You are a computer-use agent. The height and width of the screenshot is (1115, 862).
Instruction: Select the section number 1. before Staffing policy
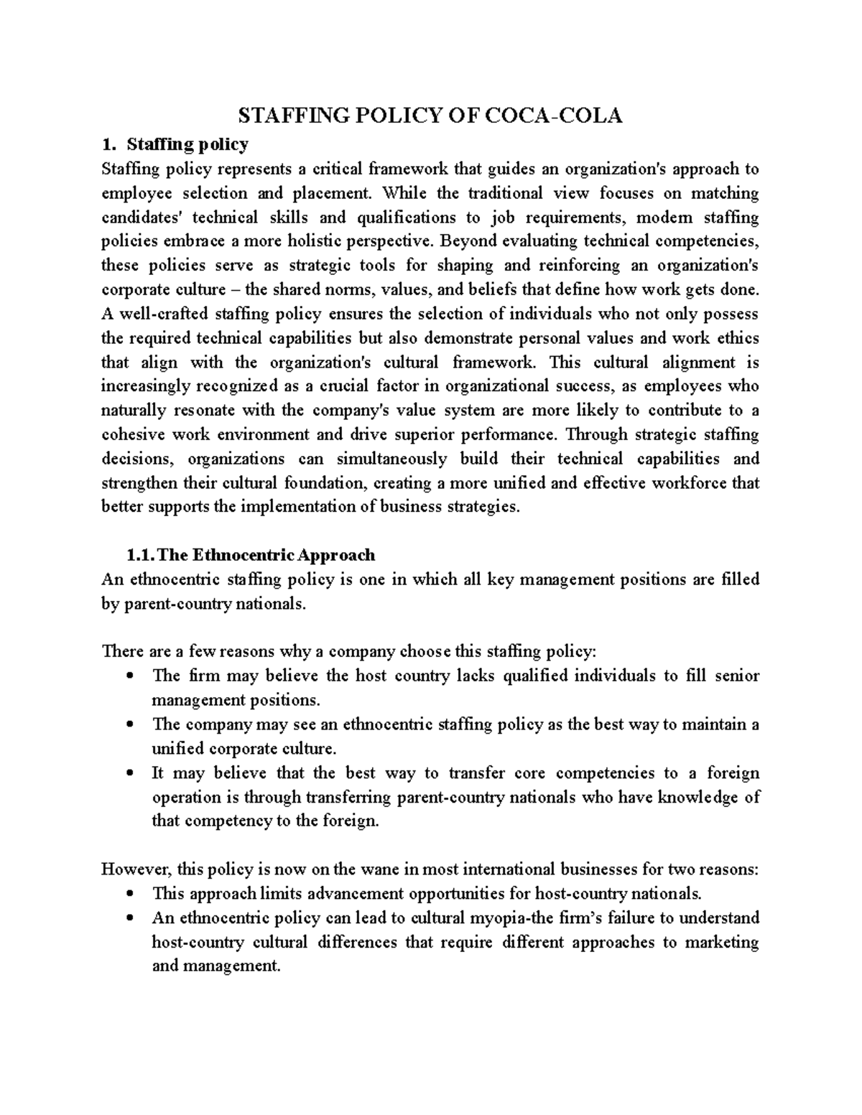[108, 145]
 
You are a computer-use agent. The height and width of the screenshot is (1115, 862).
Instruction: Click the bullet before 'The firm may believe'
[129, 676]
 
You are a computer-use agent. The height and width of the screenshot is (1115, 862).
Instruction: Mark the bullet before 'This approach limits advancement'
[129, 895]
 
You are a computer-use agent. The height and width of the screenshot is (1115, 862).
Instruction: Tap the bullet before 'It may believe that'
[129, 774]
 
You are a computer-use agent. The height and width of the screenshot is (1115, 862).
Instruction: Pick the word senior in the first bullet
[737, 676]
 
